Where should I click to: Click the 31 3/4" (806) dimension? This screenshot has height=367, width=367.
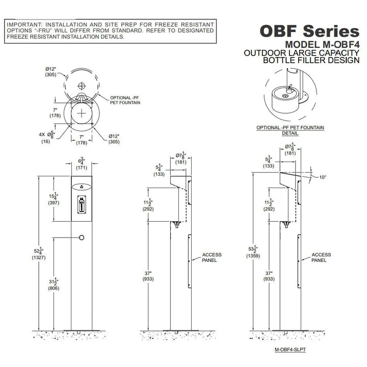53,284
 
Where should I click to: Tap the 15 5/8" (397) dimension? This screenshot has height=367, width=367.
53,199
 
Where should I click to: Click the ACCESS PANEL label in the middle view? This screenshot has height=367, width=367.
209,257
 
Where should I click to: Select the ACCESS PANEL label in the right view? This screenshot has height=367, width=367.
321,257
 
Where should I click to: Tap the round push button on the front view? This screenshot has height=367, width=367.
82,237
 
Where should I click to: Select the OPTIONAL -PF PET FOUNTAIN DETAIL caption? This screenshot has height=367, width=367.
291,130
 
